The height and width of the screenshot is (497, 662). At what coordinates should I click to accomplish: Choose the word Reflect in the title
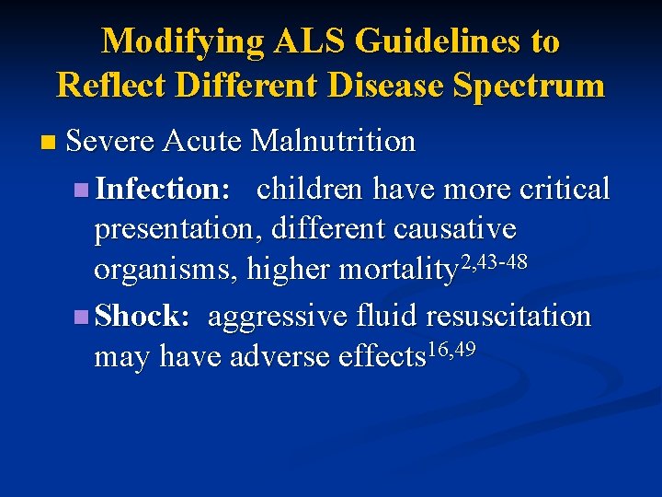[x=110, y=86]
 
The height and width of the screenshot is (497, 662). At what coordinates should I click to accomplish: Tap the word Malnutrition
[x=333, y=142]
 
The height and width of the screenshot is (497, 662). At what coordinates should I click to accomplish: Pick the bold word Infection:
[x=163, y=189]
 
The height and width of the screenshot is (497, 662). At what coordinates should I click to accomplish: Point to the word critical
[x=565, y=189]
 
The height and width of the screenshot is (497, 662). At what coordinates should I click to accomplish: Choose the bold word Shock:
[x=143, y=316]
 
